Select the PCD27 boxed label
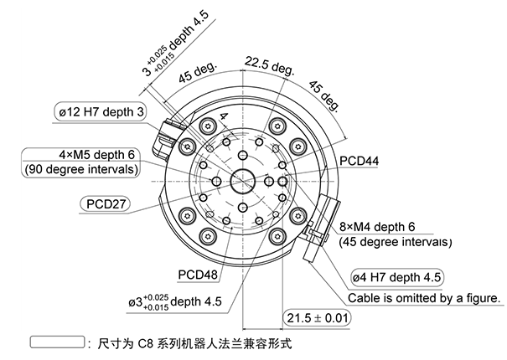(x=107, y=203)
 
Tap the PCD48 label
(x=198, y=274)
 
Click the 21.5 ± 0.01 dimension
(x=318, y=318)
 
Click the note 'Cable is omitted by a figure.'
(x=422, y=297)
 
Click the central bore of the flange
(x=244, y=179)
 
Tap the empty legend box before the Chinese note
(x=56, y=343)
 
